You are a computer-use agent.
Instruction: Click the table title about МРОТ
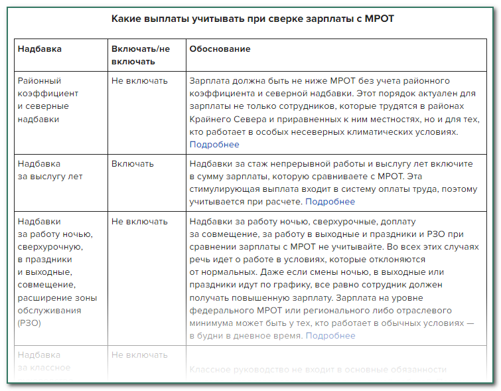(253, 18)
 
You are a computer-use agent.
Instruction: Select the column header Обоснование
(220, 50)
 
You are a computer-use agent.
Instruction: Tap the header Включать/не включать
(141, 56)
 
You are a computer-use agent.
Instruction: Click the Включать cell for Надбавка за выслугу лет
(133, 163)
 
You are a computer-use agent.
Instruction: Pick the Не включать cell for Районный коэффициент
(139, 81)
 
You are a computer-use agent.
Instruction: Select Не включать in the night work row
(139, 222)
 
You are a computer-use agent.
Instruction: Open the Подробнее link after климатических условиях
(214, 145)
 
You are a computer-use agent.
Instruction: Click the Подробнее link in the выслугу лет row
(330, 202)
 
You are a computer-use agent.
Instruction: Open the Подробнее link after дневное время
(330, 336)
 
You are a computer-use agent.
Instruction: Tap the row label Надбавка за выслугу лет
(50, 170)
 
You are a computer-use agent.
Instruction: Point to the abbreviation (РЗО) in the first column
(31, 323)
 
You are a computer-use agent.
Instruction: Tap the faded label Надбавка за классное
(44, 361)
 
